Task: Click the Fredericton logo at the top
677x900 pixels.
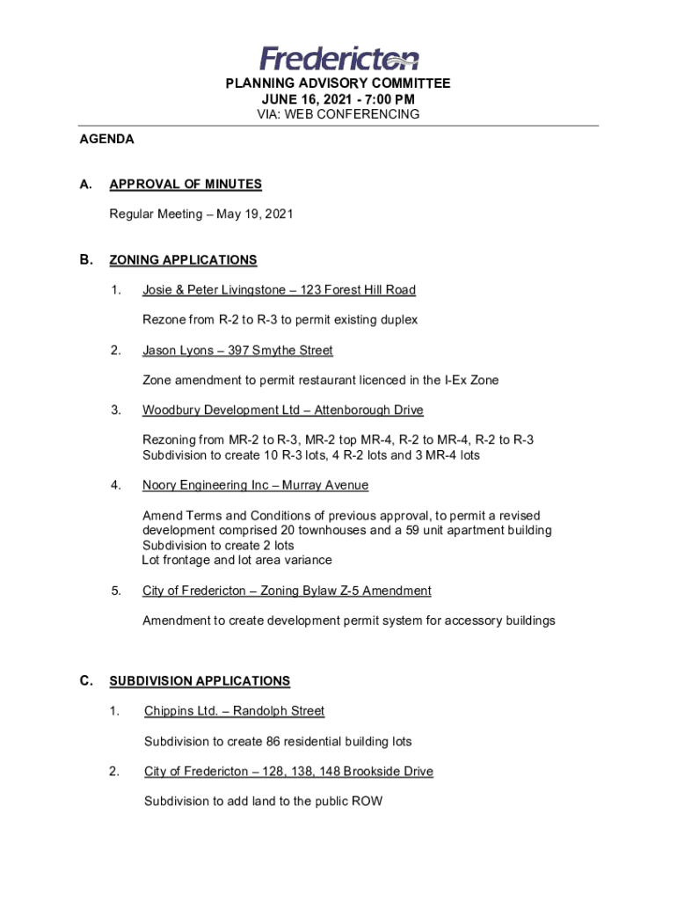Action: (x=338, y=58)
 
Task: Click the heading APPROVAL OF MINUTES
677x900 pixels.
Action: (x=186, y=185)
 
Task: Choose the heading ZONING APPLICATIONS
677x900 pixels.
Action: (x=183, y=260)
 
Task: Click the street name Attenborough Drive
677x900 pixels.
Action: (x=369, y=410)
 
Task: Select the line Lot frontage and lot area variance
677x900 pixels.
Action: (x=237, y=560)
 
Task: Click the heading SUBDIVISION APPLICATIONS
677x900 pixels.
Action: (x=200, y=681)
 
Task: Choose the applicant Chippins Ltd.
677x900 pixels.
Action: (x=173, y=711)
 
